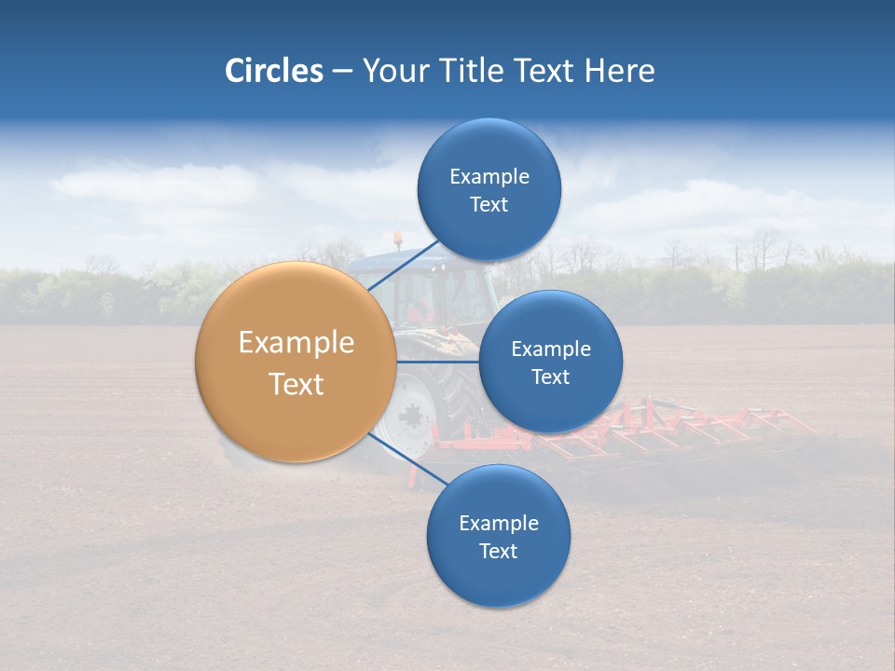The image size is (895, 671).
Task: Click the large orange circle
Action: point(296,362)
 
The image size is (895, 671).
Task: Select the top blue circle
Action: point(489,189)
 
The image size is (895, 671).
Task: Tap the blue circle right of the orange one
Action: point(550,362)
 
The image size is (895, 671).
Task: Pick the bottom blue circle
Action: point(498,536)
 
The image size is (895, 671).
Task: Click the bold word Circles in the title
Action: point(273,71)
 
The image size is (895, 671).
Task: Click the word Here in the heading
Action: point(620,71)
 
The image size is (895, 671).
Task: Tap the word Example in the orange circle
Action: point(296,343)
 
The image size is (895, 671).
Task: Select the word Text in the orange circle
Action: point(296,384)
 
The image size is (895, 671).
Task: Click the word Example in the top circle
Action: point(489,176)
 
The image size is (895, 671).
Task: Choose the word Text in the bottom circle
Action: point(498,551)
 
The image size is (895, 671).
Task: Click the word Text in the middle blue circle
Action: point(550,377)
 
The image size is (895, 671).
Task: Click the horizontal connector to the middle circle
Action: point(438,362)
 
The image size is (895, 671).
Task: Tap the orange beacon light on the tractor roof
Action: point(398,239)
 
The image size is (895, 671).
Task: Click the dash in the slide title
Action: point(342,71)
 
